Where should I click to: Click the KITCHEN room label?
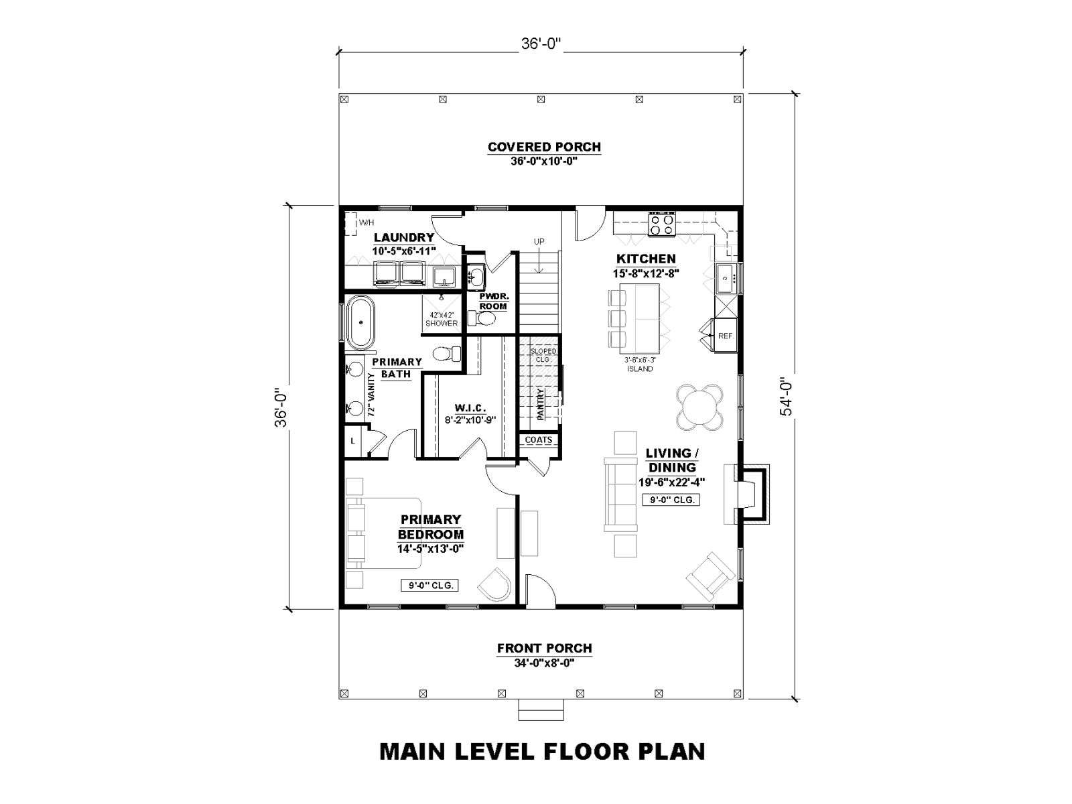[x=646, y=259]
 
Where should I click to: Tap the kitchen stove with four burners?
[x=662, y=224]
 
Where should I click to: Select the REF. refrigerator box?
[x=725, y=336]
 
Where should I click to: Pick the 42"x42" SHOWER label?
[x=442, y=320]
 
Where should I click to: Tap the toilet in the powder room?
[x=482, y=319]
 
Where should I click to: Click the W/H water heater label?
[x=366, y=222]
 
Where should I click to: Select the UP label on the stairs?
[x=539, y=242]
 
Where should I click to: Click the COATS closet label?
[x=538, y=440]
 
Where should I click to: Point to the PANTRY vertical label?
[x=541, y=404]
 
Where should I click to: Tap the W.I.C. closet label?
[x=470, y=408]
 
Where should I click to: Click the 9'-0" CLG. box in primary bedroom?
[x=429, y=585]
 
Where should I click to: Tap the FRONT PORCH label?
[x=545, y=649]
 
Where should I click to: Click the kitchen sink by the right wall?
[x=726, y=278]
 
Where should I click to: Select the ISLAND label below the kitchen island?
[x=640, y=369]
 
